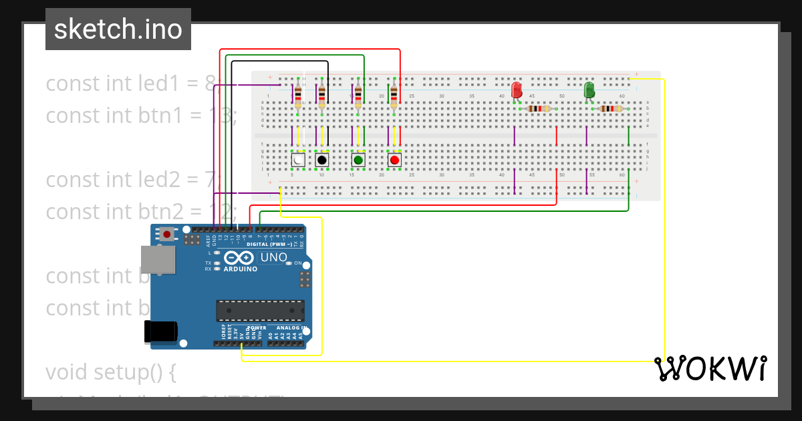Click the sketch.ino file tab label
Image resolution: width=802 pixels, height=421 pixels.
point(118,29)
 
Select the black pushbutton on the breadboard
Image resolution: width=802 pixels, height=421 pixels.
point(322,160)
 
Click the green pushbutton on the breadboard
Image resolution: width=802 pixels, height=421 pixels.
point(358,160)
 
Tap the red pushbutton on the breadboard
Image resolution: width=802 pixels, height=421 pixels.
point(394,160)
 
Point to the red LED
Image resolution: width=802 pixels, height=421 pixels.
point(517,90)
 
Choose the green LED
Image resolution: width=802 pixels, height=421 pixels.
point(589,90)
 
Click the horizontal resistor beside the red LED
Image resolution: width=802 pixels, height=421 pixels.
point(538,109)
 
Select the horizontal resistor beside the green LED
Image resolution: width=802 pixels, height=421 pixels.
point(610,109)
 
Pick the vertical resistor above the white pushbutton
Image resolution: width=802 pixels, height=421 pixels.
point(297,95)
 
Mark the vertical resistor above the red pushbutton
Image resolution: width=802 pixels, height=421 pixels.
point(394,95)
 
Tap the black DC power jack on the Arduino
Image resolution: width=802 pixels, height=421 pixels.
point(161,331)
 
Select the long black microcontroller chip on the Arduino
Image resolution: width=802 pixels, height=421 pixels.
point(260,311)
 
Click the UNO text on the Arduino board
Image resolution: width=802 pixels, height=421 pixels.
point(274,257)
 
